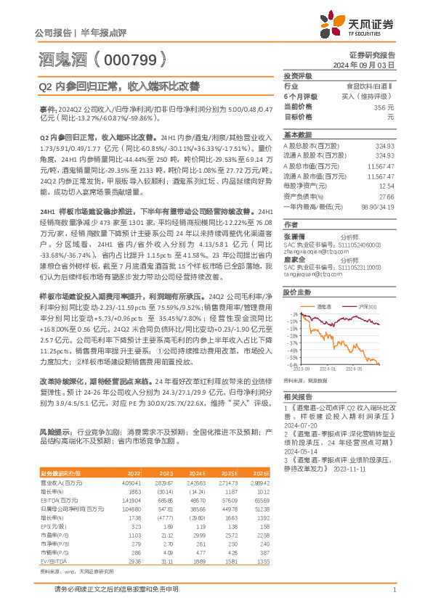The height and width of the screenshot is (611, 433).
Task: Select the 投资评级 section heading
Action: tap(298, 76)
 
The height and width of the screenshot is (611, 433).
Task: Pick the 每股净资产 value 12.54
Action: tap(387, 186)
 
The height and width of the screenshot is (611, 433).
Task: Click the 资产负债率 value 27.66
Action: tap(387, 196)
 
